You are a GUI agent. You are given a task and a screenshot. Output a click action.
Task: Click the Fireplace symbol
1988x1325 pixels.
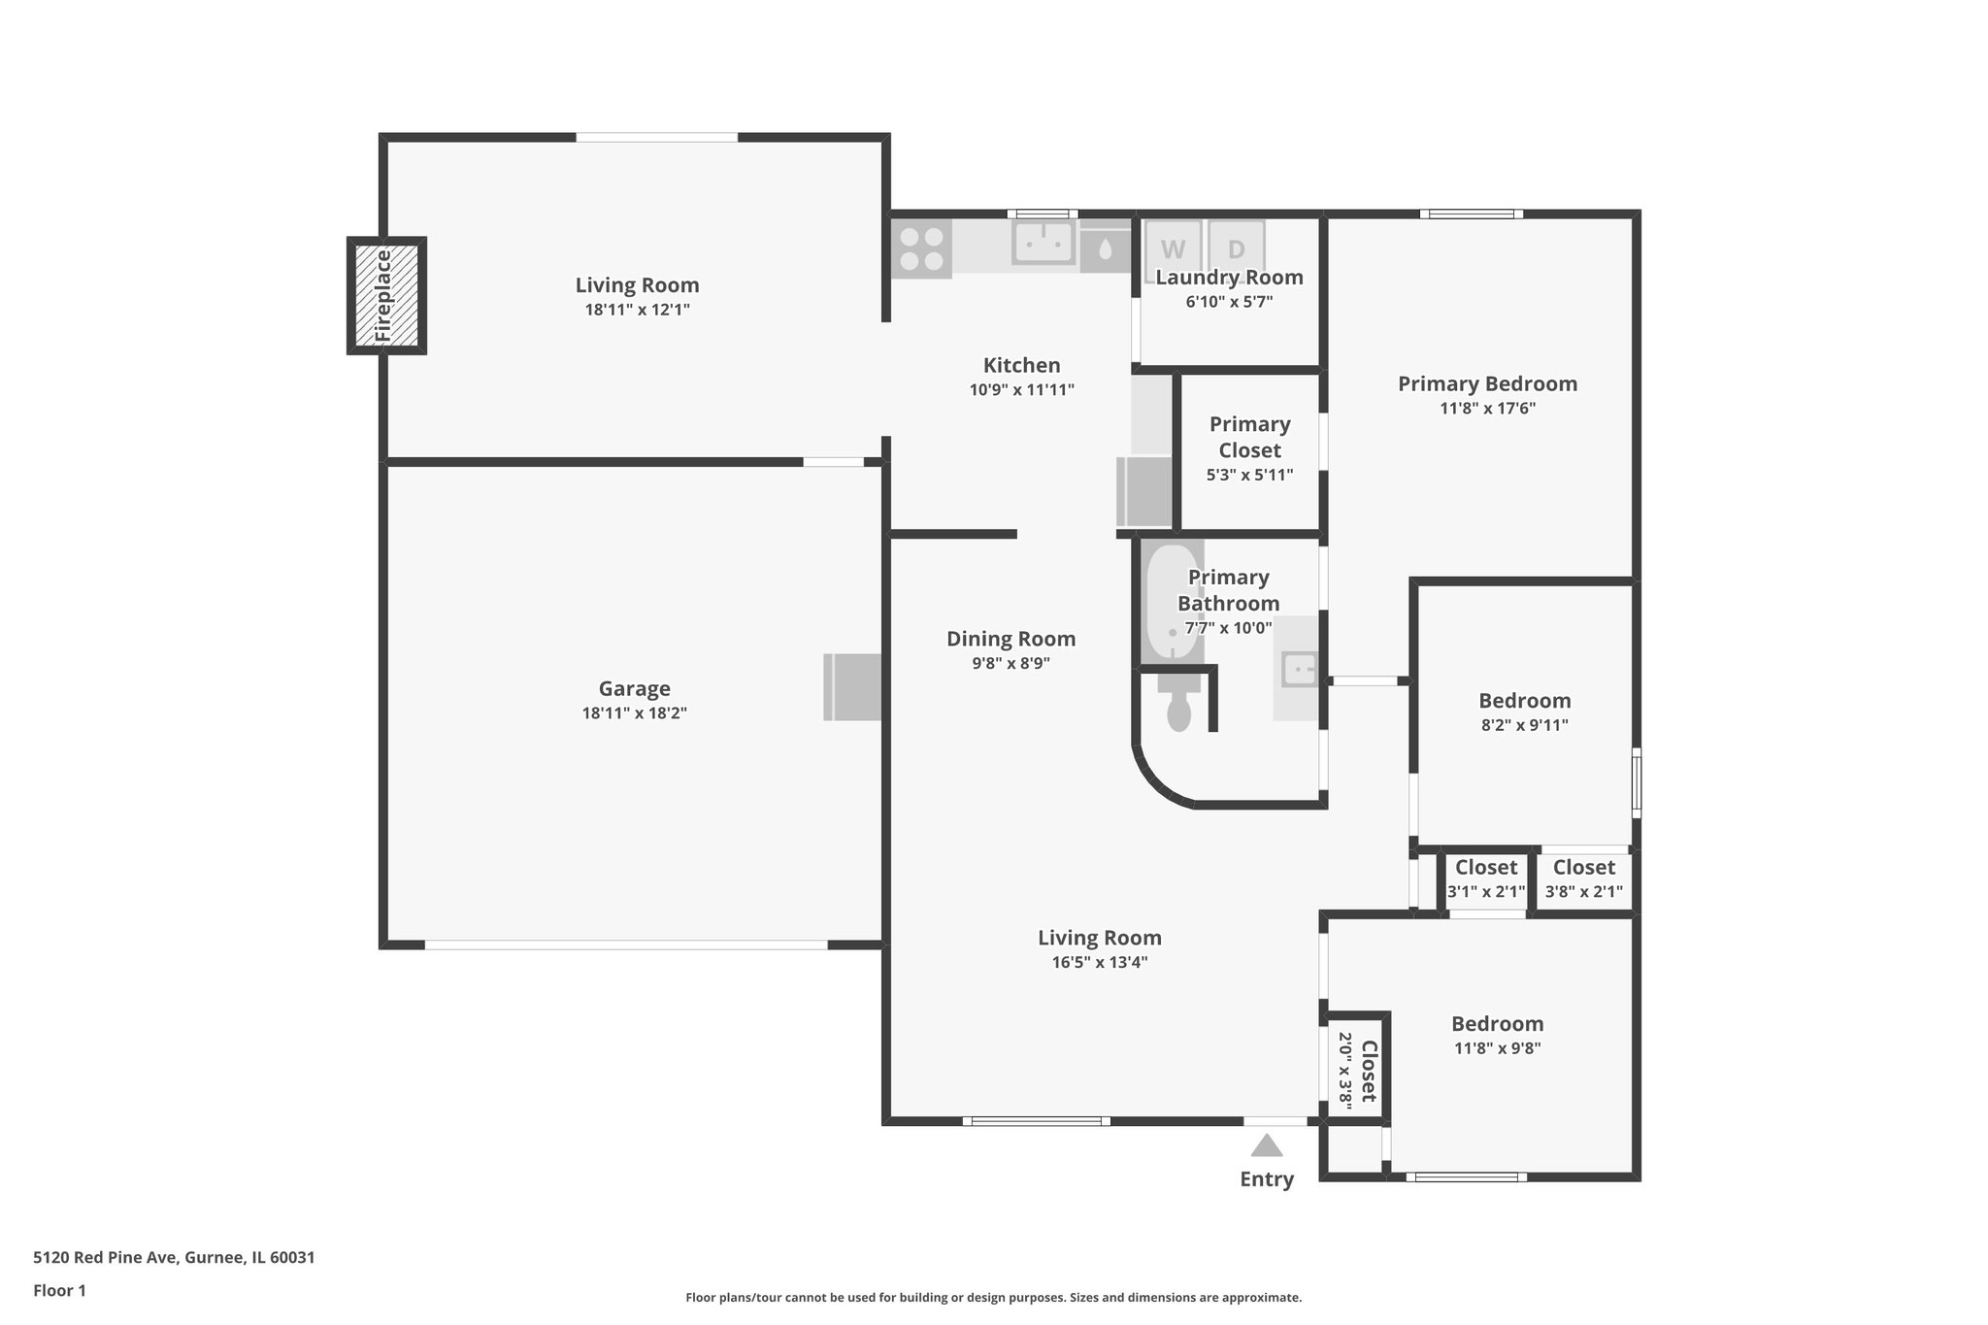click(386, 296)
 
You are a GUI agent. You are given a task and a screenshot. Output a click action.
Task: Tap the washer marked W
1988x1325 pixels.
click(1173, 248)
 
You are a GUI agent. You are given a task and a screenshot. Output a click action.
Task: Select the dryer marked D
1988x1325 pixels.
click(1236, 248)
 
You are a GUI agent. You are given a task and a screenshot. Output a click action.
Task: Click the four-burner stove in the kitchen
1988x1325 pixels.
click(921, 248)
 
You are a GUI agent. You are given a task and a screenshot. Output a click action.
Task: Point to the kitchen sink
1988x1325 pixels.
click(1044, 242)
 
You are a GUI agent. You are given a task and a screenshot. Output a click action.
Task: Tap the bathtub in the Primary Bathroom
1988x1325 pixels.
click(1172, 602)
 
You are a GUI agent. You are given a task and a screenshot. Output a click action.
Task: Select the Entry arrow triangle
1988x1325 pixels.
click(1266, 1146)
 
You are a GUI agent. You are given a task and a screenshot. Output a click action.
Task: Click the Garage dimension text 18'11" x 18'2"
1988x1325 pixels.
click(634, 713)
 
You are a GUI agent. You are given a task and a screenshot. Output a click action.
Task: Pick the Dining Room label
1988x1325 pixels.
click(1011, 639)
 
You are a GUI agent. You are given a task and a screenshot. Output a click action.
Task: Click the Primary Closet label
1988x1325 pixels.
click(1249, 437)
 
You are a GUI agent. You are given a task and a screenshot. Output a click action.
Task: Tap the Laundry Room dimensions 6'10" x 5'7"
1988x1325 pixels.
click(1229, 302)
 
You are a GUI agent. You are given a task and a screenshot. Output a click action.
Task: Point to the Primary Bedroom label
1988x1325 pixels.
click(1487, 383)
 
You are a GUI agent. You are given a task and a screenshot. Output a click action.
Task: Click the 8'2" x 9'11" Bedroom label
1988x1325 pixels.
click(1524, 701)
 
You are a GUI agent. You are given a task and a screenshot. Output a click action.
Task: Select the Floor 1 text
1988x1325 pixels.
click(59, 1291)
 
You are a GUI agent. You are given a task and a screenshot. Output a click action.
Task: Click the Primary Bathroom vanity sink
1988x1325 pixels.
click(1298, 669)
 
